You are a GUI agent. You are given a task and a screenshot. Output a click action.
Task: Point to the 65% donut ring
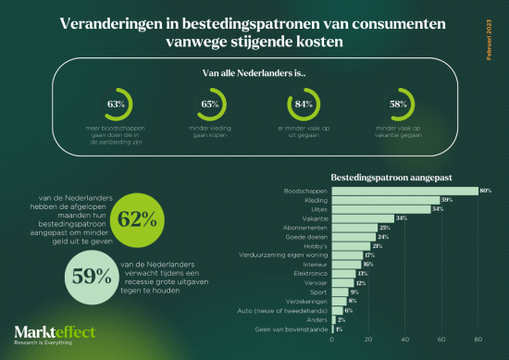coord(210,104)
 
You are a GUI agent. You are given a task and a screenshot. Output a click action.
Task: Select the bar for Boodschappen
coord(404,190)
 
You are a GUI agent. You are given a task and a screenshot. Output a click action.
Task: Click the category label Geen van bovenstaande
coord(295,329)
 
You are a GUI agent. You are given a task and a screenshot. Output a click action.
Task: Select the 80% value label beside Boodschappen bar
coord(485,190)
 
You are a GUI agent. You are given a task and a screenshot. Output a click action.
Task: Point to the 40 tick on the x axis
coord(404,341)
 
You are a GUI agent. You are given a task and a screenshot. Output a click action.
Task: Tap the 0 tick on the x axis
coord(332,341)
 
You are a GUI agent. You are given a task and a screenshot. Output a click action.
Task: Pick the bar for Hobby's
coord(351,245)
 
